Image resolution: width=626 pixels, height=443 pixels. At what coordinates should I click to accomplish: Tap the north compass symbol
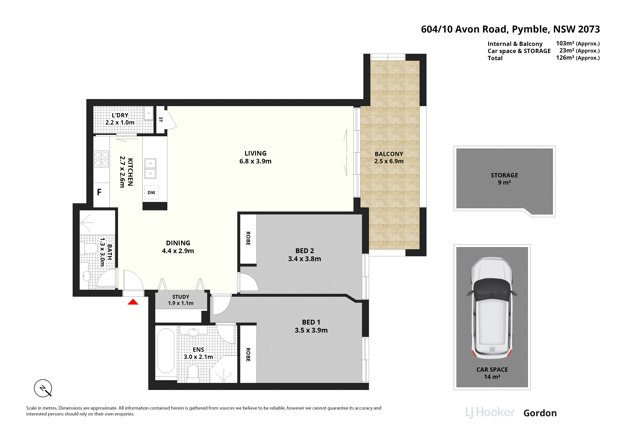43,388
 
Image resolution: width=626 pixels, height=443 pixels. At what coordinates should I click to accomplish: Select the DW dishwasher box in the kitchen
151,192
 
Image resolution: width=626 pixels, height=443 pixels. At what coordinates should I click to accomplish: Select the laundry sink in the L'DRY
149,113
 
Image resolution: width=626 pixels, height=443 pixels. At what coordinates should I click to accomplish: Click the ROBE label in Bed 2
248,238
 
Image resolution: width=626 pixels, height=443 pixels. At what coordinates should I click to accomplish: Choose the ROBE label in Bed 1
248,355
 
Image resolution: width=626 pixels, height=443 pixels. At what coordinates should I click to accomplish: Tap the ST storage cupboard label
161,120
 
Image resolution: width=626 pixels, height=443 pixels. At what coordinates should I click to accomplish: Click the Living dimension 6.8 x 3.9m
256,161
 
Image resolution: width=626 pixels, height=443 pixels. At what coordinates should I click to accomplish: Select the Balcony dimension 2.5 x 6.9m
389,161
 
